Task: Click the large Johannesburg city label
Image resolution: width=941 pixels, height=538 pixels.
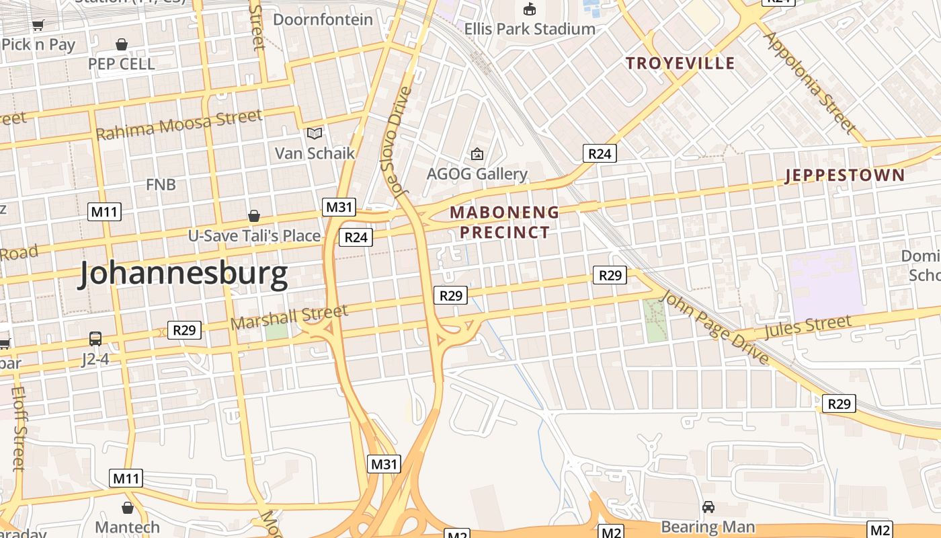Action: (183, 274)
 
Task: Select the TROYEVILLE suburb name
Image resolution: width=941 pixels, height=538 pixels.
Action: (680, 63)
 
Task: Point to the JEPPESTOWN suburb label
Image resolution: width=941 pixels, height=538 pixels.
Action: (845, 176)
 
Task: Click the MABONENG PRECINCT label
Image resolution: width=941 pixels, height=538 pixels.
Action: (504, 223)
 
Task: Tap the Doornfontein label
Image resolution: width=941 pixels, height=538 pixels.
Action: (323, 20)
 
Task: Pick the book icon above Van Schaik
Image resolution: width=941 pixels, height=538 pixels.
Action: (315, 132)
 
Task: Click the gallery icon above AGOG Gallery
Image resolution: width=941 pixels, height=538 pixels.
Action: (477, 154)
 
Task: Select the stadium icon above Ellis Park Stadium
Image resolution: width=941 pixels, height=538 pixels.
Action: (530, 9)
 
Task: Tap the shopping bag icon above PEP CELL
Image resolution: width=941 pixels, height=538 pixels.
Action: (122, 44)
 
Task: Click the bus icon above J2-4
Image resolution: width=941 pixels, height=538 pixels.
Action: (95, 338)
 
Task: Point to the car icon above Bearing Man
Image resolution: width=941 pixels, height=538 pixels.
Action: (708, 506)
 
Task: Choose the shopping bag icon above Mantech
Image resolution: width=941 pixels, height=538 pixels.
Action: (128, 507)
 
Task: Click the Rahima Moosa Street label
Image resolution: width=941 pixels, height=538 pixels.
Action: (179, 124)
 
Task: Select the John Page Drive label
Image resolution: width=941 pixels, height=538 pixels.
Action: (715, 328)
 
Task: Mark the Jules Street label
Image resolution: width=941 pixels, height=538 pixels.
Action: (807, 328)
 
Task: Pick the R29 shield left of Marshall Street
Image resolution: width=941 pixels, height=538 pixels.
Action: (184, 330)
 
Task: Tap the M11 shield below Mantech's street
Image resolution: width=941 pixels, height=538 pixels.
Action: (126, 479)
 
